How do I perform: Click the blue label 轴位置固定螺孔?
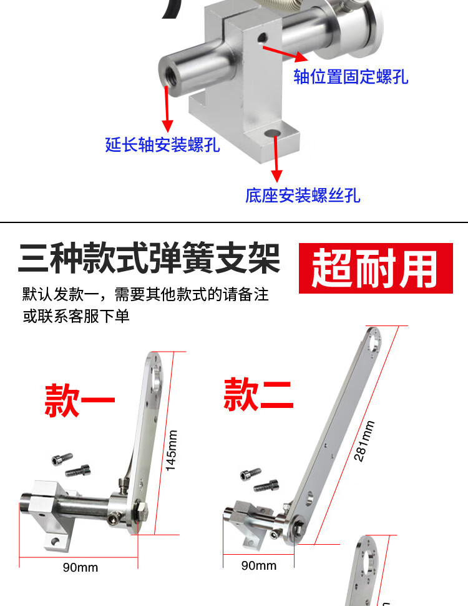click(x=351, y=76)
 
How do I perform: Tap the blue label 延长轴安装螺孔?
click(x=163, y=144)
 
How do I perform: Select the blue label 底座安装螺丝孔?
click(x=303, y=195)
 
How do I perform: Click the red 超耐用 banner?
click(x=376, y=268)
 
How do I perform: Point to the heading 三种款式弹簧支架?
click(x=149, y=258)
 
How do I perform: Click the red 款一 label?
click(x=80, y=400)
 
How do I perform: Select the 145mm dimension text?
click(x=172, y=450)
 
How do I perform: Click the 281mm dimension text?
click(x=364, y=441)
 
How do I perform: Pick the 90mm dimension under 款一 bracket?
click(x=80, y=567)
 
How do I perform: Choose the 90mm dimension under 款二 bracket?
click(x=259, y=565)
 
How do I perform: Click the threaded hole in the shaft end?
click(x=168, y=76)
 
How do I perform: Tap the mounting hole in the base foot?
click(x=273, y=133)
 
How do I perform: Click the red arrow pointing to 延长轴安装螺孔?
click(x=167, y=109)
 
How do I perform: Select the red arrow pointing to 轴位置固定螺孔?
click(x=285, y=54)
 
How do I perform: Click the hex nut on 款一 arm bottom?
click(x=142, y=510)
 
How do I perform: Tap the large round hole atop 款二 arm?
click(x=374, y=344)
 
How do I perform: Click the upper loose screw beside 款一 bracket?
click(x=62, y=459)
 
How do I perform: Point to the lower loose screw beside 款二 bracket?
click(x=266, y=485)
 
